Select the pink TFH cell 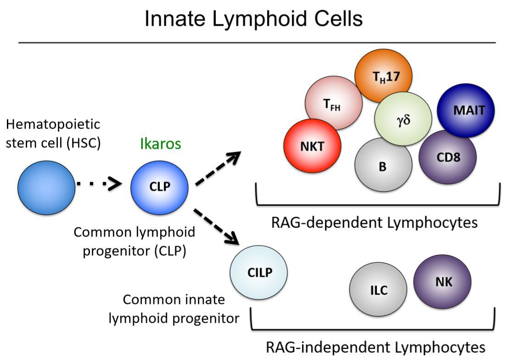334,103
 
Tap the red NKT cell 313,146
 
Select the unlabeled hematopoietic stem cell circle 46,186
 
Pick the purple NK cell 442,282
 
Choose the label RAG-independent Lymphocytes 375,347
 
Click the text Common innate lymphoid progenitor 174,309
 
